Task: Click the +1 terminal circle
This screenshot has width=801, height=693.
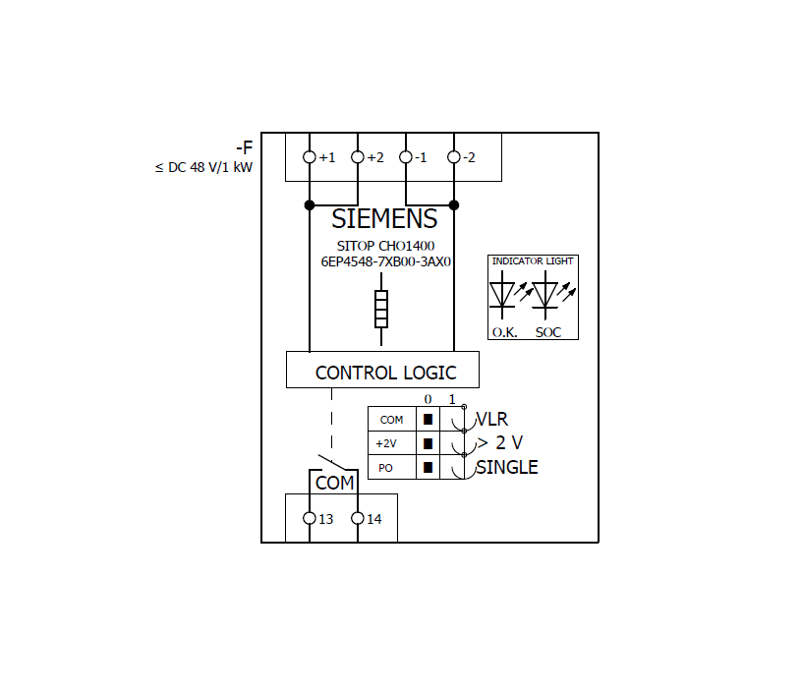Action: (310, 157)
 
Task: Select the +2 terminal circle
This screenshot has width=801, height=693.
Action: (358, 157)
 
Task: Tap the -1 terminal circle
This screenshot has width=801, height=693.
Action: (406, 157)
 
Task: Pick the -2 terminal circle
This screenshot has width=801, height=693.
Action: (454, 157)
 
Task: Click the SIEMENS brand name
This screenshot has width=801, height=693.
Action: (383, 219)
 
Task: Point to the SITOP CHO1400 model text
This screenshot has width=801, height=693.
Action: (385, 246)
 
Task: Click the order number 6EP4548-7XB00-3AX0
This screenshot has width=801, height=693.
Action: (385, 262)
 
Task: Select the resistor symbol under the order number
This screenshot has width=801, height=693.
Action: (381, 309)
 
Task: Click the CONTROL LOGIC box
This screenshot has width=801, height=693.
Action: (383, 372)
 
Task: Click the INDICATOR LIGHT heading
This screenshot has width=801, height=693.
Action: (533, 261)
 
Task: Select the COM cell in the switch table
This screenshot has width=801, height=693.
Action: (391, 420)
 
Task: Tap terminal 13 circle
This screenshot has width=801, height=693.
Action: (310, 519)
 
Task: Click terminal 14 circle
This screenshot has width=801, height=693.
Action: (358, 519)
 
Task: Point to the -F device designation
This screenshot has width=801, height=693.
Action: (244, 148)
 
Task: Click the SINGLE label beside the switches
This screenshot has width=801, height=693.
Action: (507, 468)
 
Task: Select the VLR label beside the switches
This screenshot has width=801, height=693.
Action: (492, 420)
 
